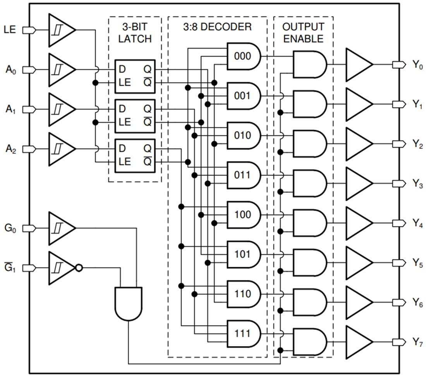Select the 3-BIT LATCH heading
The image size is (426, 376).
135,33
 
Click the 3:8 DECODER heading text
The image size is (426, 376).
217,27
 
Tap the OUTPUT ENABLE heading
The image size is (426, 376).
303,33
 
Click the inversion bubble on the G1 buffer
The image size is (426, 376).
79,268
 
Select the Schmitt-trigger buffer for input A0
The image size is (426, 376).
61,70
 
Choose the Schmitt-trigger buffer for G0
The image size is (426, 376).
61,228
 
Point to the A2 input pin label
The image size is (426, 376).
10,149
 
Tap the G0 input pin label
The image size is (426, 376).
10,228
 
